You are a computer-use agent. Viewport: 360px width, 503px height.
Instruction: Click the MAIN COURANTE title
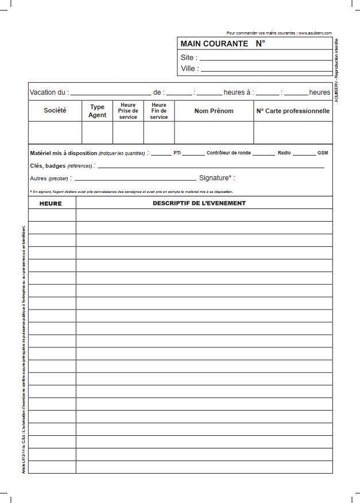214,44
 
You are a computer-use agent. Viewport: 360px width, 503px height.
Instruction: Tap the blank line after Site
265,59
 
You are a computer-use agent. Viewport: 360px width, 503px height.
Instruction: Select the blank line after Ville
266,69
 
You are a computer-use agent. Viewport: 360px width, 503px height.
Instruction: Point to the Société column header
55,110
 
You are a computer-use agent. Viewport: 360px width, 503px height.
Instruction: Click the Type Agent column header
97,111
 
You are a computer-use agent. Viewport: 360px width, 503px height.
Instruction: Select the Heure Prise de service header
128,111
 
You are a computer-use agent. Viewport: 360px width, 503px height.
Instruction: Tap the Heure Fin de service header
159,111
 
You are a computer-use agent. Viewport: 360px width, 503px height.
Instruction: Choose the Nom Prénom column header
214,111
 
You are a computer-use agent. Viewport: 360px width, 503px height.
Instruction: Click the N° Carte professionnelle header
293,111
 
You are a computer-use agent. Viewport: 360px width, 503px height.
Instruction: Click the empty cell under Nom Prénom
214,132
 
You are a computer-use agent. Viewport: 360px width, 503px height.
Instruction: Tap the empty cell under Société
55,132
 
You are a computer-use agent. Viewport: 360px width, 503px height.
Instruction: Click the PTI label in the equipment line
177,153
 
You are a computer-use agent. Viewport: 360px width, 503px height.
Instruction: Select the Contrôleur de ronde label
229,153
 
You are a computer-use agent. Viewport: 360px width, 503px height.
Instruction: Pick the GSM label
323,153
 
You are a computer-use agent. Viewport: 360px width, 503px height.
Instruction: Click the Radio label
284,153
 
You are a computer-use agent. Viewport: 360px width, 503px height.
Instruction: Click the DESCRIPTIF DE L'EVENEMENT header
199,203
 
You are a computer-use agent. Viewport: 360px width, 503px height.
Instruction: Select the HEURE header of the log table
51,203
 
